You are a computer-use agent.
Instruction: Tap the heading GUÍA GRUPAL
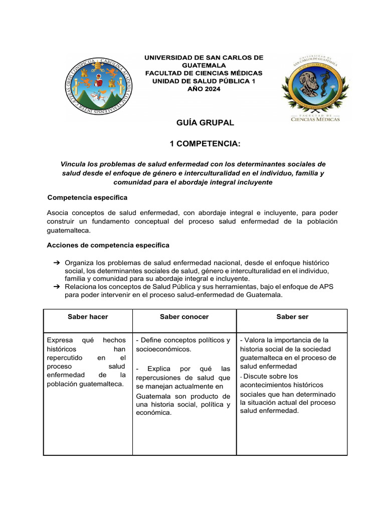coord(198,123)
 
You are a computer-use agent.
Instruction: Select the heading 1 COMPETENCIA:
coord(198,144)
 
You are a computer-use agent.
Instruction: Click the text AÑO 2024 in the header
coord(204,89)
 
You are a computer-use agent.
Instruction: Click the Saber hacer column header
coord(88,317)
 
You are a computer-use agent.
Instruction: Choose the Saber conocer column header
coord(184,317)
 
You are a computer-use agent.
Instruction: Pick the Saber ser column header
coord(292,317)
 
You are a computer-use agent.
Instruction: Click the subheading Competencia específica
coord(87,197)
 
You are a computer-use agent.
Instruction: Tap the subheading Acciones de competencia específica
coord(108,245)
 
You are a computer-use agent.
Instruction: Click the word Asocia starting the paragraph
coord(59,212)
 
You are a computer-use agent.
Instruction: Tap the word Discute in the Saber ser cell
coord(257,376)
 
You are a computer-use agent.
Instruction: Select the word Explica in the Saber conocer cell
coord(160,369)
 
